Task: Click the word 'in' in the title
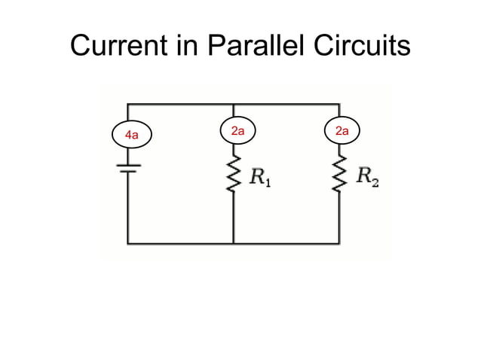[183, 47]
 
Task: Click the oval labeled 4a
[131, 136]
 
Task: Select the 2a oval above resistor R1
[237, 132]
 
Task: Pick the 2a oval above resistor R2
[342, 132]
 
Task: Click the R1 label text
[261, 178]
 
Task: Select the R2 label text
[367, 178]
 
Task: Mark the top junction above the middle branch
[234, 104]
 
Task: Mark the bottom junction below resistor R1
[234, 243]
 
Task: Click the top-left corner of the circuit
[128, 104]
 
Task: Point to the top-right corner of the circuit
[339, 104]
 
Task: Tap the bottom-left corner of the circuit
[128, 243]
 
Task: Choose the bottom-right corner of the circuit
[339, 243]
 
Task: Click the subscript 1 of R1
[268, 182]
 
